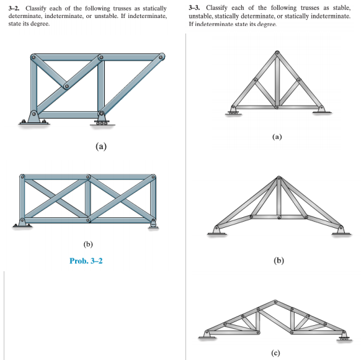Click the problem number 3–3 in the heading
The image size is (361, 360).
[x=195, y=7]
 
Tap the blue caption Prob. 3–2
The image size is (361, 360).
[x=86, y=261]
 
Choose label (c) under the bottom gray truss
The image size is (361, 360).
[x=275, y=353]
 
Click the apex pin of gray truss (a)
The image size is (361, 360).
[x=277, y=52]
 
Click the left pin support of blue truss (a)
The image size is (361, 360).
[x=30, y=116]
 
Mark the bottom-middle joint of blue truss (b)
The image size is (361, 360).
[x=87, y=220]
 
